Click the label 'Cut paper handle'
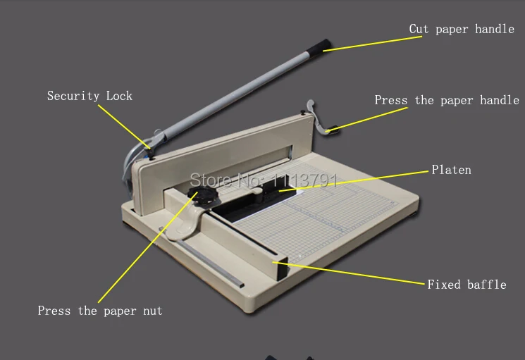pos(462,29)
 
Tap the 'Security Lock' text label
pos(89,96)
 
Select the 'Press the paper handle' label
pos(447,100)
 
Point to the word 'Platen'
pos(451,170)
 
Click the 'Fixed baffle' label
pos(467,285)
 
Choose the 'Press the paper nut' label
pos(100,311)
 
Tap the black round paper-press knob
pos(202,196)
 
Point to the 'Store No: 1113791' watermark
pos(264,180)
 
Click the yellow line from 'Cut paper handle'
pos(372,44)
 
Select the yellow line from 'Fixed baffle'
pos(349,273)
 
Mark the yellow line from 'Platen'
pos(353,181)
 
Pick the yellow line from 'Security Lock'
pos(124,127)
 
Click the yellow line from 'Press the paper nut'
pos(147,247)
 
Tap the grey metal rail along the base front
pos(202,257)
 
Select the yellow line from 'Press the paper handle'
pos(368,119)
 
